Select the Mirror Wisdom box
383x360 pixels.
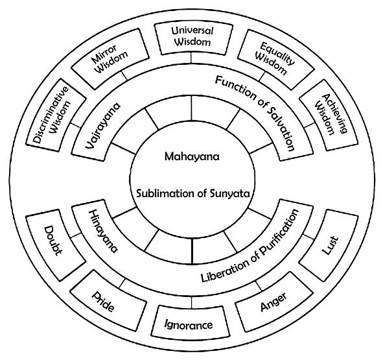[110, 58]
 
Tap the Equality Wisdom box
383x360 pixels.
[275, 60]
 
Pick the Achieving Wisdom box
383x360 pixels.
[329, 115]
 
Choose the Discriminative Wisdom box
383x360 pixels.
[56, 115]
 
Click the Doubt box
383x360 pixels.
[56, 245]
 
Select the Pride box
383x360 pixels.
[108, 300]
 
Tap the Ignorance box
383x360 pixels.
[191, 323]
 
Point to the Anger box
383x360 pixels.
[274, 302]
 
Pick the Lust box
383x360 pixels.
[329, 245]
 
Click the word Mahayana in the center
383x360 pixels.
[192, 157]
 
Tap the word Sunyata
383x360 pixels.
[230, 194]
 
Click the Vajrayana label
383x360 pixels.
[103, 125]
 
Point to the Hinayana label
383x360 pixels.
[103, 231]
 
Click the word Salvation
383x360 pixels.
[281, 128]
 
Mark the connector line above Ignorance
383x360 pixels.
[192, 302]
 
